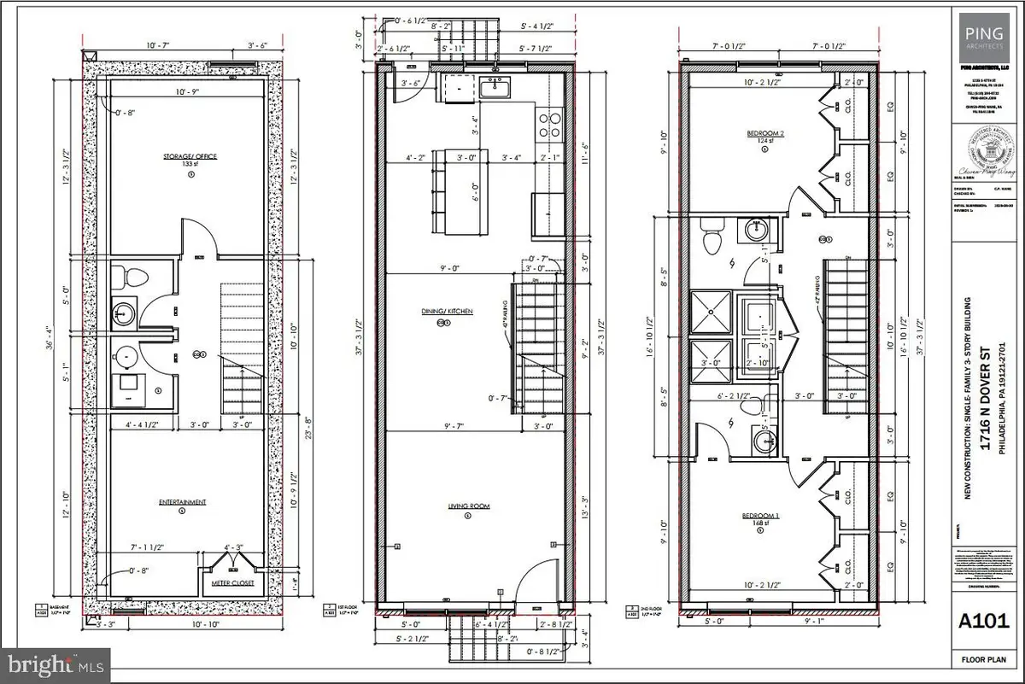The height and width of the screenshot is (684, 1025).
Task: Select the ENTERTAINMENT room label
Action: click(x=181, y=502)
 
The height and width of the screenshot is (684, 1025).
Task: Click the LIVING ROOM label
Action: click(x=468, y=506)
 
